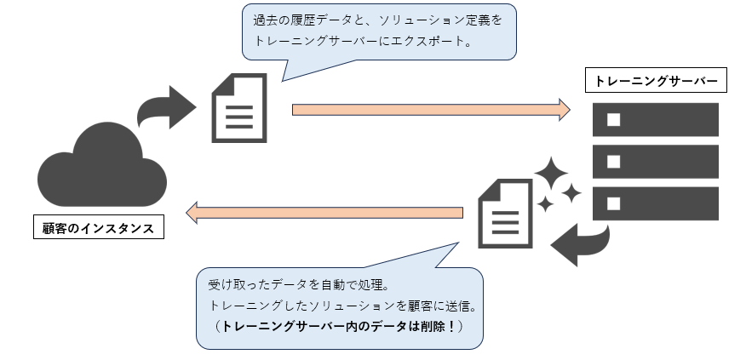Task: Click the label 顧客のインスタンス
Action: tap(99, 228)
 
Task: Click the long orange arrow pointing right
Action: tap(430, 109)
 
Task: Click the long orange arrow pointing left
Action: tap(324, 212)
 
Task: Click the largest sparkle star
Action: tap(551, 175)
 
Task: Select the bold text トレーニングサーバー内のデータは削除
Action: tap(335, 326)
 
